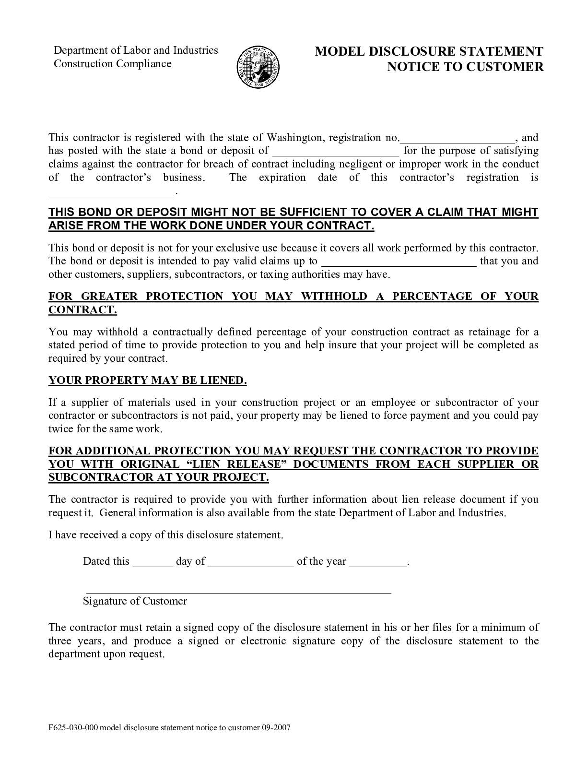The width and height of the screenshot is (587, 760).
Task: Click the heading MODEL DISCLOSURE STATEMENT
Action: point(429,52)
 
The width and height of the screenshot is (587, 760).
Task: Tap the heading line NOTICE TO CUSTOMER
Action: point(465,67)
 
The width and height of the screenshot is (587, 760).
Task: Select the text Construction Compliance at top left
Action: point(112,64)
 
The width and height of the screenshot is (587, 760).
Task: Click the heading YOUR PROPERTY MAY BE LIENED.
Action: point(147,380)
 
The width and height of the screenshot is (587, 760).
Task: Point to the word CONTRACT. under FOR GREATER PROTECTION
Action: point(82,309)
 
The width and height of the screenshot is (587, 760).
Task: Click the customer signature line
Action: point(238,591)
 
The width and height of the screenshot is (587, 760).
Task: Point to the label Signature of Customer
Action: point(135,601)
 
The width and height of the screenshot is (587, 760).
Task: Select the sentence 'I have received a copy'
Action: point(166,535)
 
